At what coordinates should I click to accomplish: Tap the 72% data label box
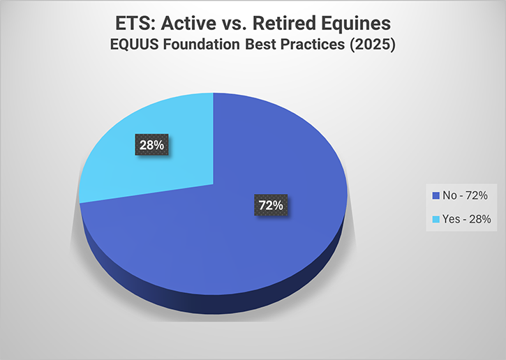coord(268,206)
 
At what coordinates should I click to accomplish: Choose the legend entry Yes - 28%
coord(461,219)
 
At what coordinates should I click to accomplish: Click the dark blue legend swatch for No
coord(436,195)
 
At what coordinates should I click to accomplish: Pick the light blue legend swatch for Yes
coord(436,219)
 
